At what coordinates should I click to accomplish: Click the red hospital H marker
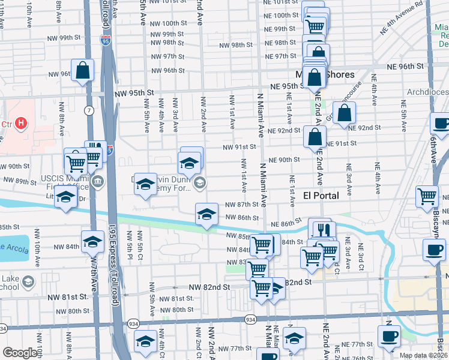(21, 124)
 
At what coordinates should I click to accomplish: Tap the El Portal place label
(321, 196)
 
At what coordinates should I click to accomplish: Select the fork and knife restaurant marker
(324, 229)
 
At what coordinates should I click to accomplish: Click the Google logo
(20, 353)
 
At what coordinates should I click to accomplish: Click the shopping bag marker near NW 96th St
(83, 70)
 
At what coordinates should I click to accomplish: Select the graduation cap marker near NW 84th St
(92, 241)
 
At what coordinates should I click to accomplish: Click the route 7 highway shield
(88, 110)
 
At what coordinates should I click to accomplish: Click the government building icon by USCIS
(98, 181)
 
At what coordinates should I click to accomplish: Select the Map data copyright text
(423, 355)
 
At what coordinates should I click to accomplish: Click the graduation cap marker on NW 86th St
(206, 214)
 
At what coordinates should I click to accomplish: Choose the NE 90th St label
(284, 160)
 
